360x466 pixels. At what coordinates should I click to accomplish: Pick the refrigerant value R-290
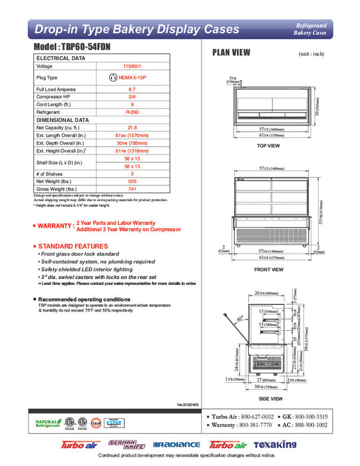pyautogui.click(x=132, y=113)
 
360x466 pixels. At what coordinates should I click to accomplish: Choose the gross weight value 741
pyautogui.click(x=132, y=190)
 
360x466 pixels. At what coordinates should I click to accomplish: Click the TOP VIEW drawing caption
pyautogui.click(x=268, y=145)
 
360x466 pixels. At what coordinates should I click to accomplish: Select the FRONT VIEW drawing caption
pyautogui.click(x=270, y=270)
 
